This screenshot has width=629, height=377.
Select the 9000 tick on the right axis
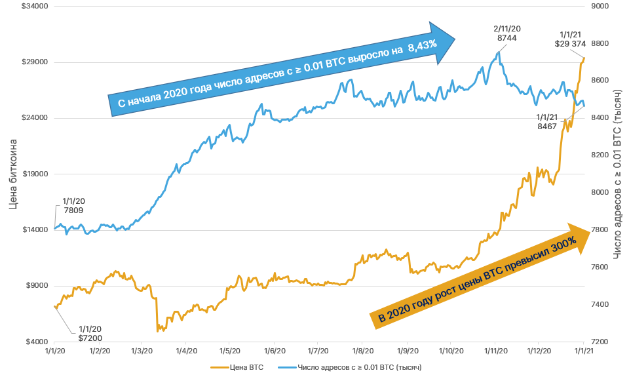tap(601, 7)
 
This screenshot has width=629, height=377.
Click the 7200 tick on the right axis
tap(601, 342)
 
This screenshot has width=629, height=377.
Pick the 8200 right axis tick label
tap(601, 155)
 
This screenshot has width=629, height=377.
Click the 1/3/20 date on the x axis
tap(142, 351)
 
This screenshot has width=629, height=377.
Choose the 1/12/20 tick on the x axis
tap(538, 351)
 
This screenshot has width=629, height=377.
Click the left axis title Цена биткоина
tap(14, 174)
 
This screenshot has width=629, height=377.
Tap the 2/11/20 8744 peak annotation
tap(507, 34)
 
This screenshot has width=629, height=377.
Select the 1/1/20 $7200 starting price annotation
tap(90, 332)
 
